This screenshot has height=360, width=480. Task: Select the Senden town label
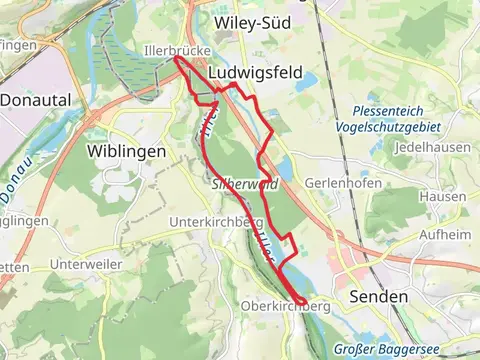379,297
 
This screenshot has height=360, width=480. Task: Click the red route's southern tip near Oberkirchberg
302,302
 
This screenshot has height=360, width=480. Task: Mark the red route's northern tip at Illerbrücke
178,58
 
